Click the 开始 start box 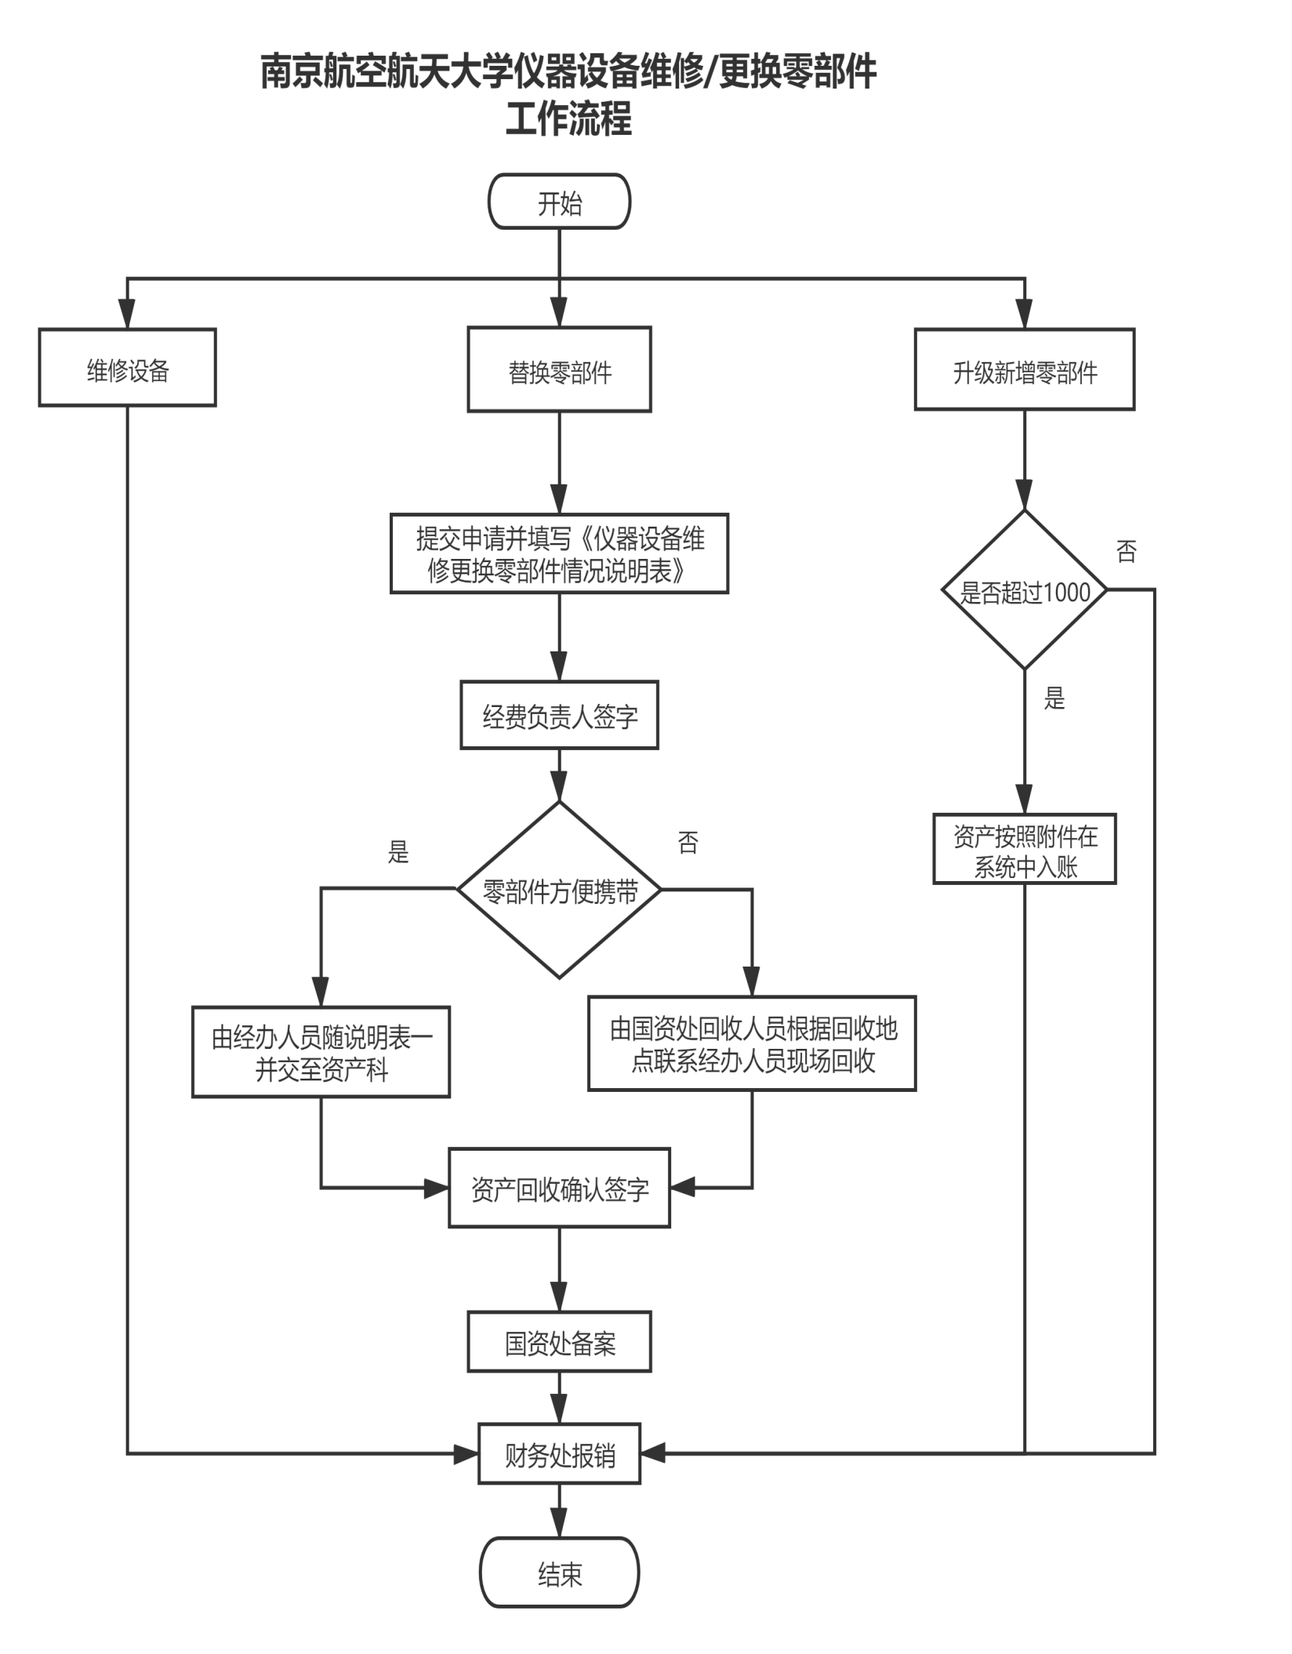coord(559,202)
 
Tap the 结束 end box coord(560,1573)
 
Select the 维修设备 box coord(127,368)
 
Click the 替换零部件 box coord(559,371)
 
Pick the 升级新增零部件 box coord(1024,370)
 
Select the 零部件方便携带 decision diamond coord(559,890)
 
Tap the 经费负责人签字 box coord(559,715)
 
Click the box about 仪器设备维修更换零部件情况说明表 coord(559,553)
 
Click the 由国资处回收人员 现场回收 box coord(752,1043)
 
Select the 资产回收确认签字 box coord(559,1188)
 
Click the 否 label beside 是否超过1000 coord(1126,552)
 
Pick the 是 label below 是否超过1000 coord(1054,698)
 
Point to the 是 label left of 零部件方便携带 coord(398,852)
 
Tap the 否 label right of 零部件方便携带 coord(688,843)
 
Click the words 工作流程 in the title coord(568,120)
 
